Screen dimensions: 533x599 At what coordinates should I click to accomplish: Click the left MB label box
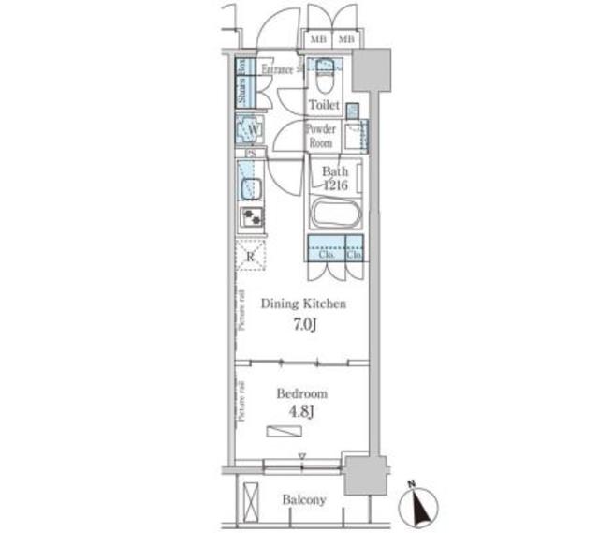(319, 39)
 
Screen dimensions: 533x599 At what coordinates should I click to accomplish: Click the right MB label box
(345, 39)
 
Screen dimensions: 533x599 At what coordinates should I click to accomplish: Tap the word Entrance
(278, 68)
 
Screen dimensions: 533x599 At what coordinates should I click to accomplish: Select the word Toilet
(324, 106)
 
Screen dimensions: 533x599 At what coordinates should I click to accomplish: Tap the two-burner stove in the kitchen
(251, 217)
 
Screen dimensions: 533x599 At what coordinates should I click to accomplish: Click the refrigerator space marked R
(251, 255)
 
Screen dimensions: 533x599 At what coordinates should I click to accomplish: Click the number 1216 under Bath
(336, 185)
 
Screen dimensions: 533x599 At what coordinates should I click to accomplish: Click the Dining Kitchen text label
(303, 304)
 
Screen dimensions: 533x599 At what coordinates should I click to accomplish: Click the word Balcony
(304, 500)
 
